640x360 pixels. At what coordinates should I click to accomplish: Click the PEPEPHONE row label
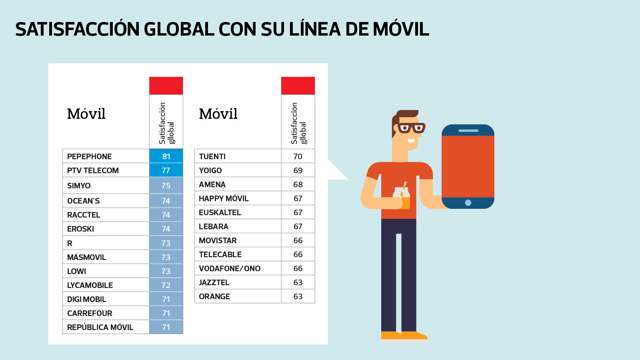pos(90,156)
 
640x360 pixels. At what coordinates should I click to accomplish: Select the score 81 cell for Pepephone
pos(166,156)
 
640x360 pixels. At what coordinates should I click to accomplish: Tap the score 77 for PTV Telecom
pos(166,170)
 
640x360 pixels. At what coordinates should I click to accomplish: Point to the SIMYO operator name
pos(79,186)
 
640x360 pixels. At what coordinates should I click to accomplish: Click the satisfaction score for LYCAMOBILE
pos(166,285)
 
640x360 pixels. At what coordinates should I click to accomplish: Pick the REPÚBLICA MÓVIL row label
pos(100,327)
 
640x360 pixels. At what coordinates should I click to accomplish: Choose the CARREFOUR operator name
pos(90,313)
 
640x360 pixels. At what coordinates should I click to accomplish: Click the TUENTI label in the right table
pos(212,156)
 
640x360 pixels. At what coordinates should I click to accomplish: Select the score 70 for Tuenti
pos(298,156)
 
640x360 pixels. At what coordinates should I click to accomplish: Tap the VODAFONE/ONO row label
pos(230,268)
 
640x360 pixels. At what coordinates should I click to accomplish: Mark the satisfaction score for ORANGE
pos(298,296)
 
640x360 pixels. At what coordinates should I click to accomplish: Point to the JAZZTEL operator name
pos(214,282)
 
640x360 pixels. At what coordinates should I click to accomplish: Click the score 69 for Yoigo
pos(298,170)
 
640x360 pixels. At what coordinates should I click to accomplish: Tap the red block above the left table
pos(166,86)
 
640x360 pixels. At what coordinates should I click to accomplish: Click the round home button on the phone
pos(468,203)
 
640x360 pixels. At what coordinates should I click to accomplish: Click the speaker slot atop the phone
pos(468,131)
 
